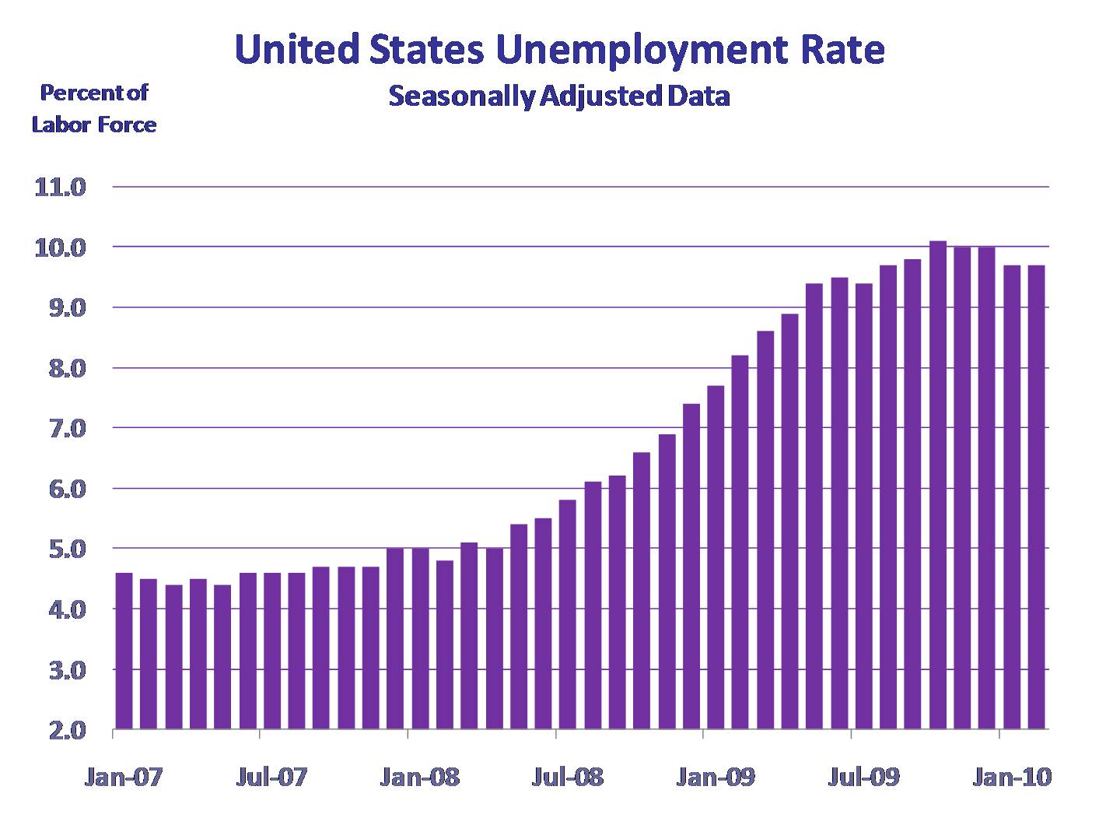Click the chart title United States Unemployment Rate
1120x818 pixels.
559,49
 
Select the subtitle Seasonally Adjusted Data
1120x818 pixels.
558,97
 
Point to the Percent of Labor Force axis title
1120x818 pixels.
94,108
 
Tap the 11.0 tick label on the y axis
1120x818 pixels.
60,188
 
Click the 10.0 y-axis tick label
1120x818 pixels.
60,248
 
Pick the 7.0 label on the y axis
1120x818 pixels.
60,428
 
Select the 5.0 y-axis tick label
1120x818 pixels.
60,549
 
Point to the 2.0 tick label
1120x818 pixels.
60,730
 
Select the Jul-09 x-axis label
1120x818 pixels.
862,777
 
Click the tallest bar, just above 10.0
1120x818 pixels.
938,483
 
